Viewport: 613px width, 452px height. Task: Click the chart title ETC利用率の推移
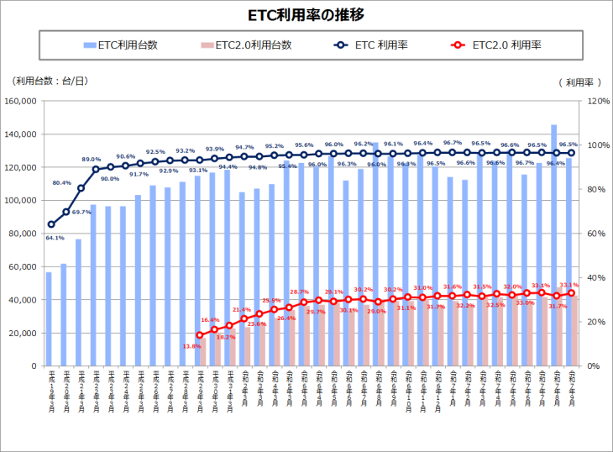(306, 15)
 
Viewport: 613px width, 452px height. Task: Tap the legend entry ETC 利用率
(383, 45)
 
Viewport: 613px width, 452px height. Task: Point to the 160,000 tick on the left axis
(22, 101)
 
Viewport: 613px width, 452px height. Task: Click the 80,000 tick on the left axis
(24, 234)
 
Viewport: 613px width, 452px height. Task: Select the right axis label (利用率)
(580, 82)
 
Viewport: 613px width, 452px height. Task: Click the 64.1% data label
(55, 238)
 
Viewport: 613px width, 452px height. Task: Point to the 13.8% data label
(191, 346)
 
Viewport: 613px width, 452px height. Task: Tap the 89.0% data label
(92, 159)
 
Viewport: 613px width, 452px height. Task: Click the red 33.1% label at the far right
(568, 285)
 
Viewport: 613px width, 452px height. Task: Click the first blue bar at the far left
(49, 319)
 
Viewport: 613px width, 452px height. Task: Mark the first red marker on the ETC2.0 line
(199, 335)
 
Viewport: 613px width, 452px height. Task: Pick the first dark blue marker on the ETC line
(51, 224)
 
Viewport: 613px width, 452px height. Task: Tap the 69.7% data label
(81, 212)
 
